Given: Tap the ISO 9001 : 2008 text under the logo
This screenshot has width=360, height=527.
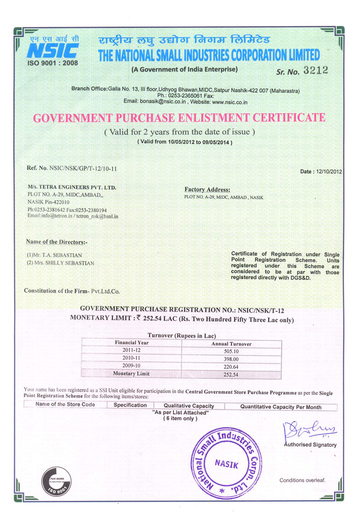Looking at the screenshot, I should point(53,63).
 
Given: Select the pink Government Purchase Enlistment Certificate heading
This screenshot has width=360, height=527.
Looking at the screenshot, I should point(180,118).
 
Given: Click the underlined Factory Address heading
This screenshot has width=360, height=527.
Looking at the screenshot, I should point(207,190).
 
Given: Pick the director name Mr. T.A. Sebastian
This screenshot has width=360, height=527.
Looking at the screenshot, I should point(54,255).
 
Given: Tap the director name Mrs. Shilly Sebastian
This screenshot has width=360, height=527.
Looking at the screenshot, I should point(61,263).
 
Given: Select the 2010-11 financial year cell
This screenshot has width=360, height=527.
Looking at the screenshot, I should point(131,358).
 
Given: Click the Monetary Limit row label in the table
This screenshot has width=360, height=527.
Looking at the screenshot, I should point(131,374).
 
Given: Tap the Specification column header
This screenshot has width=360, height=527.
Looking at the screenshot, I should point(130,405).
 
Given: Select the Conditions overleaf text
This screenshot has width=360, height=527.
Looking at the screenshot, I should point(302,480).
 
